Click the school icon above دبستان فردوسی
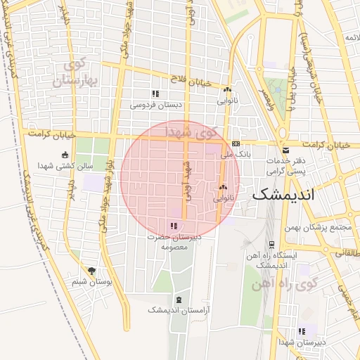point(155,94)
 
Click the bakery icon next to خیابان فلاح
point(227,90)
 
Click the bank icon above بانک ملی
point(236,142)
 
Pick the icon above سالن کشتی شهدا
point(65,155)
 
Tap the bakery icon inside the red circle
point(223,187)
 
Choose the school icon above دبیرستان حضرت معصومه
point(174,226)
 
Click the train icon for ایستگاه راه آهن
point(271,245)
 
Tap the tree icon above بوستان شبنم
point(91,271)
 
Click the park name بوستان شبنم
point(89,282)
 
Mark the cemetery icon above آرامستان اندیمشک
point(178,300)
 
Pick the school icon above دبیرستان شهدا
point(302,331)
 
